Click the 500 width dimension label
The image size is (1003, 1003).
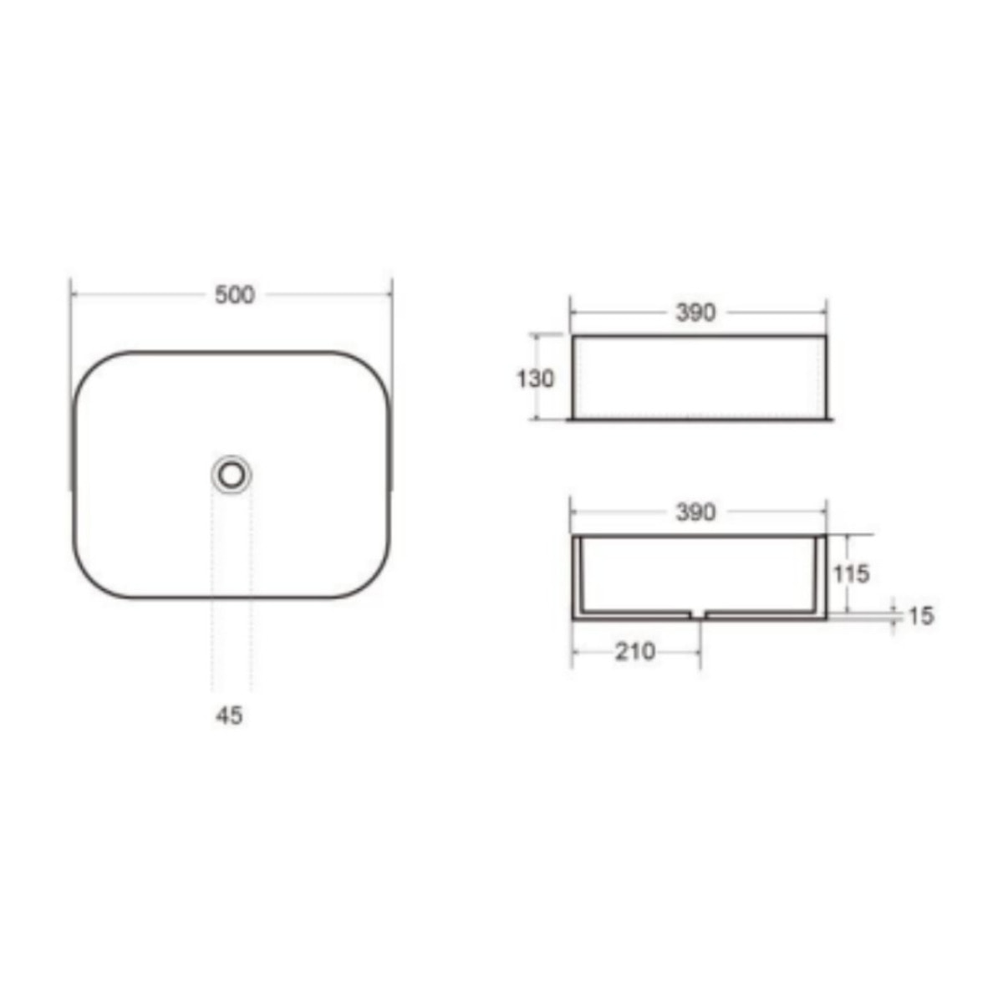[235, 295]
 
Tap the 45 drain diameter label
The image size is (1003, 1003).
[229, 715]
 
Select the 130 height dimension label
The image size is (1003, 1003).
[535, 379]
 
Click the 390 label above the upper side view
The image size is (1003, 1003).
[696, 313]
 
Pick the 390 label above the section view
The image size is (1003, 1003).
[696, 512]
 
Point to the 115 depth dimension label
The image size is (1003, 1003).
[852, 574]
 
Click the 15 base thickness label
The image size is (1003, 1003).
[921, 616]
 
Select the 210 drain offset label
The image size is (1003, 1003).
[635, 652]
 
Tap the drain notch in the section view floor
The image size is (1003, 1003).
[698, 614]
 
